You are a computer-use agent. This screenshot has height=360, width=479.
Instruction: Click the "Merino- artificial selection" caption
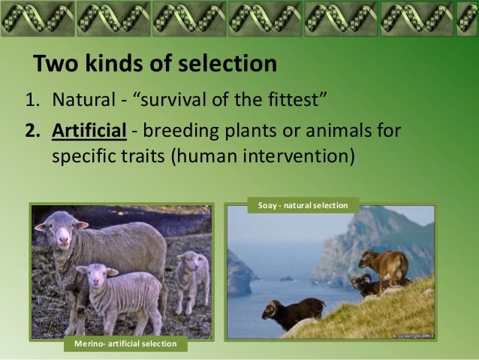125,344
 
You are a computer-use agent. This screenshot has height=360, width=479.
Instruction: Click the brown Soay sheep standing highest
383,264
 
